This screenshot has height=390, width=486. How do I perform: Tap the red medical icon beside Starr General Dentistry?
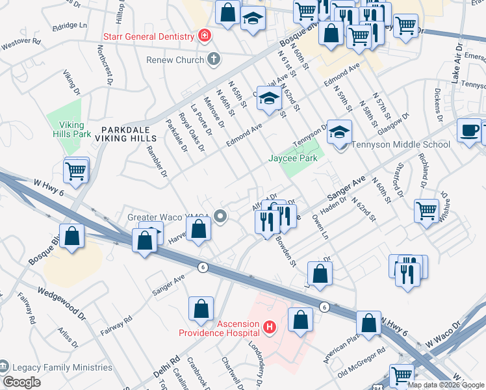pos(205,36)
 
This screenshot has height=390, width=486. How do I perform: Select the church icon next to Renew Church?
pos(212,60)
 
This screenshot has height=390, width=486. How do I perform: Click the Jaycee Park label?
pos(293,158)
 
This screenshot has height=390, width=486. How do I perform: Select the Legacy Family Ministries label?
pos(61,367)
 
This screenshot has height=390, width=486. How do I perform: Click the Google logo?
pos(21,382)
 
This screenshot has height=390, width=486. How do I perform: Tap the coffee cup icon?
pos(469,131)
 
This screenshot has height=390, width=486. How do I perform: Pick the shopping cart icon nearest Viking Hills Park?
pos(77,172)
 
